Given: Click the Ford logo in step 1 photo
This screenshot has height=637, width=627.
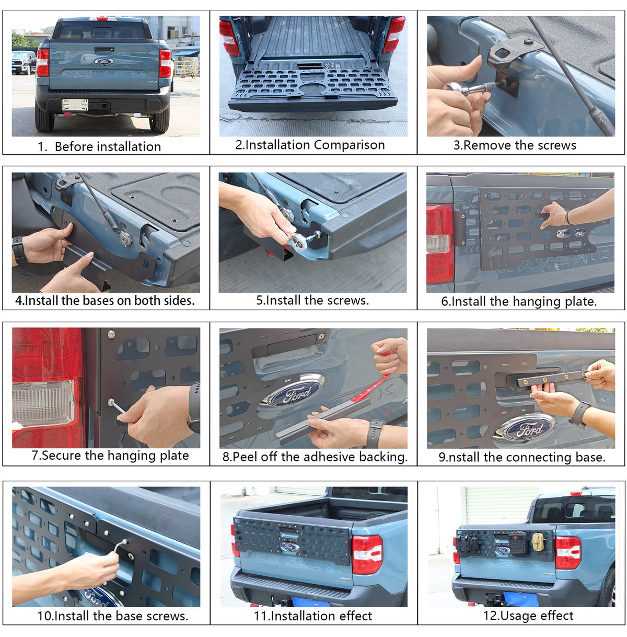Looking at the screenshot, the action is pos(104,62).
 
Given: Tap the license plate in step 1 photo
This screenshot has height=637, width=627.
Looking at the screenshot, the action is pos(75,105).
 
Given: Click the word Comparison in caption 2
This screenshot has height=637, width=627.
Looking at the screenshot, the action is pos(349,145).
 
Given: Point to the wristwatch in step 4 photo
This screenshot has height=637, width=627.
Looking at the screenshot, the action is pos(18,249).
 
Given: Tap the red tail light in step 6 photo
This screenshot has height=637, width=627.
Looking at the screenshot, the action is pos(439,244).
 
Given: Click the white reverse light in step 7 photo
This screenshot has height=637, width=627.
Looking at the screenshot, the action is pos(43,403).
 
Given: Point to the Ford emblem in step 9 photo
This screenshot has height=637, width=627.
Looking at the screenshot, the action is pos(525,430).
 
